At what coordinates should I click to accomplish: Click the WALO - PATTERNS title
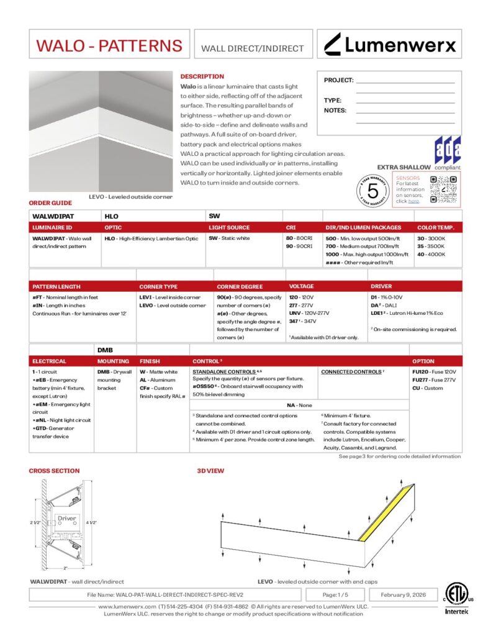(109, 45)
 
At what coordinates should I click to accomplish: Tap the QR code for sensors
(444, 189)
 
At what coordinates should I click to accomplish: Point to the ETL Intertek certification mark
(457, 599)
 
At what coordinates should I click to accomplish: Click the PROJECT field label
(338, 80)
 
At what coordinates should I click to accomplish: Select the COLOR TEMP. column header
(436, 228)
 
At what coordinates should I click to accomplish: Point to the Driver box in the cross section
(66, 518)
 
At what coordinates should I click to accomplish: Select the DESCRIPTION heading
(202, 76)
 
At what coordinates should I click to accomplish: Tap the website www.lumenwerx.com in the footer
(127, 606)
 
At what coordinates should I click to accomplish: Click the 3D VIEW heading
(210, 471)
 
